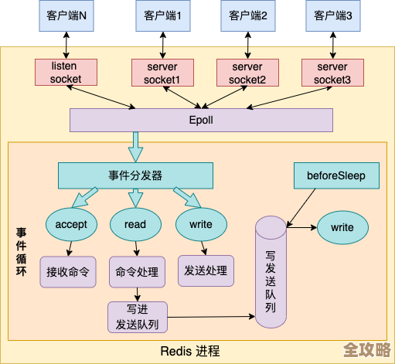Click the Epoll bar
201,121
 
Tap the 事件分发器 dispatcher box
136,175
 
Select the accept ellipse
71,224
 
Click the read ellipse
135,224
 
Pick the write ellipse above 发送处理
200,224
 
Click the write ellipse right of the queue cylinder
342,228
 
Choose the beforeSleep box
337,175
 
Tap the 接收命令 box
67,271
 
